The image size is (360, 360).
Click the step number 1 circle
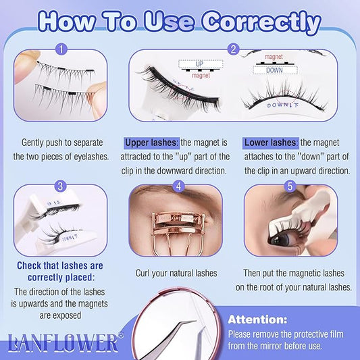62,49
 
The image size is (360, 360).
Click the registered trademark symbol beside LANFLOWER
122,334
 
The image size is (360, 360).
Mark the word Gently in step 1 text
36,143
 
